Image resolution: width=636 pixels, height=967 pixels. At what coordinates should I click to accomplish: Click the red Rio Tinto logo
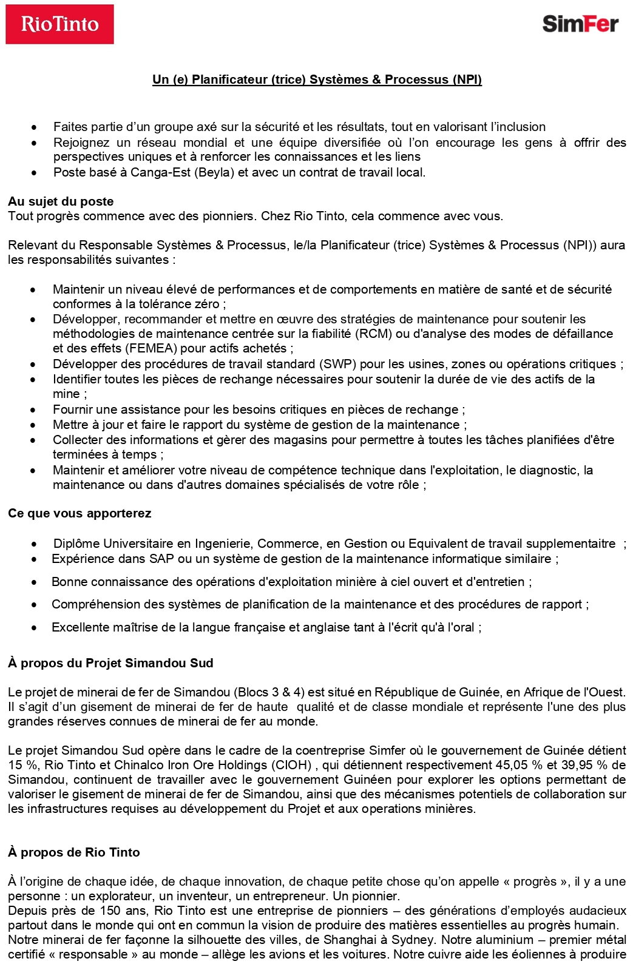tap(59, 24)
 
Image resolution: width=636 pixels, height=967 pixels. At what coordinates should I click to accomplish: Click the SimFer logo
tap(580, 24)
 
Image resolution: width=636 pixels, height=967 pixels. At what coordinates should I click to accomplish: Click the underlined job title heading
tap(317, 79)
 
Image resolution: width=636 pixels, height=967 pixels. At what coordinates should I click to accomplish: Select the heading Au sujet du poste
tap(61, 201)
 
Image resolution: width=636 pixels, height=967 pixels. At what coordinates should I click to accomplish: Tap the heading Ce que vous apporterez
tap(79, 513)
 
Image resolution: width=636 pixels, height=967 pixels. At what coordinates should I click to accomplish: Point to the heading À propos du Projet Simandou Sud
tap(110, 663)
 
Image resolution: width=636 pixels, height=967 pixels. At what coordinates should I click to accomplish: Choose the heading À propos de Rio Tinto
tap(74, 852)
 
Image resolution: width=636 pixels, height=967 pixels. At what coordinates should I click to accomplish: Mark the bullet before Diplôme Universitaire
tap(35, 544)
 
